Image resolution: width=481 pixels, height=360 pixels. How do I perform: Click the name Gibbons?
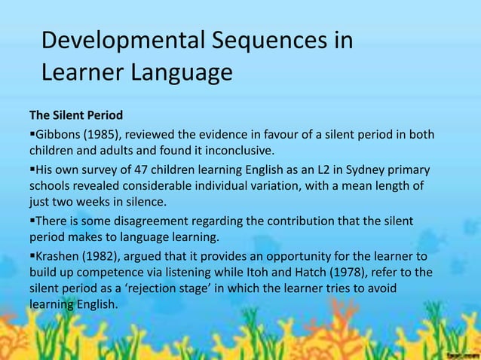coord(57,136)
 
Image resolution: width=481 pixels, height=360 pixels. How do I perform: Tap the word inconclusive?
coord(233,152)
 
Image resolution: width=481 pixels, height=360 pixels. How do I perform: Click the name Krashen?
coord(57,255)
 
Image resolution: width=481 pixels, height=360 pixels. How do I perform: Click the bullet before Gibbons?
coord(32,136)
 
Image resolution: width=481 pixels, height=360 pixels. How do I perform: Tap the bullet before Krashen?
coord(32,255)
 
